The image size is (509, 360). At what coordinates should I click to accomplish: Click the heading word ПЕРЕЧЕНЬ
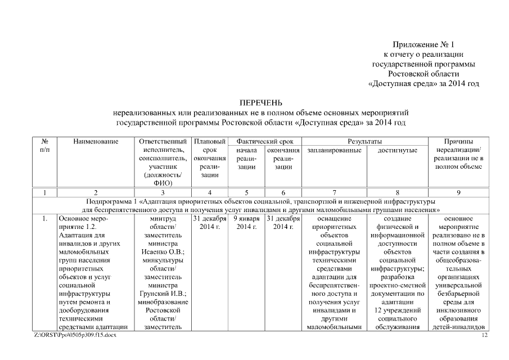tap(260, 103)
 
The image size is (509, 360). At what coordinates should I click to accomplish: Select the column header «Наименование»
tap(95, 141)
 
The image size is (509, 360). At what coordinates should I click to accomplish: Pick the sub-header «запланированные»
tap(334, 150)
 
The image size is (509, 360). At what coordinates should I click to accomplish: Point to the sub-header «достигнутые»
tap(397, 150)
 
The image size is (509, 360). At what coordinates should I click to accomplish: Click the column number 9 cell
tap(458, 192)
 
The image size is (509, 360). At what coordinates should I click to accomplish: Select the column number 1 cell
tap(44, 192)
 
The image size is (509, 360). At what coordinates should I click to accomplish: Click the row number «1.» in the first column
tap(44, 218)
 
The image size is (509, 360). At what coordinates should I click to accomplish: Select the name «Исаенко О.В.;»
tap(161, 252)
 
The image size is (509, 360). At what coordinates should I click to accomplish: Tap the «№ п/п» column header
tap(44, 146)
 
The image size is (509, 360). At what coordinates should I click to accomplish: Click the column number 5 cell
tap(246, 192)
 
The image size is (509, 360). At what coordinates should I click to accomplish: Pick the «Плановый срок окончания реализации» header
tap(209, 159)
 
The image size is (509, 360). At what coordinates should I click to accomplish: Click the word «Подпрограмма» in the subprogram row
tap(111, 201)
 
